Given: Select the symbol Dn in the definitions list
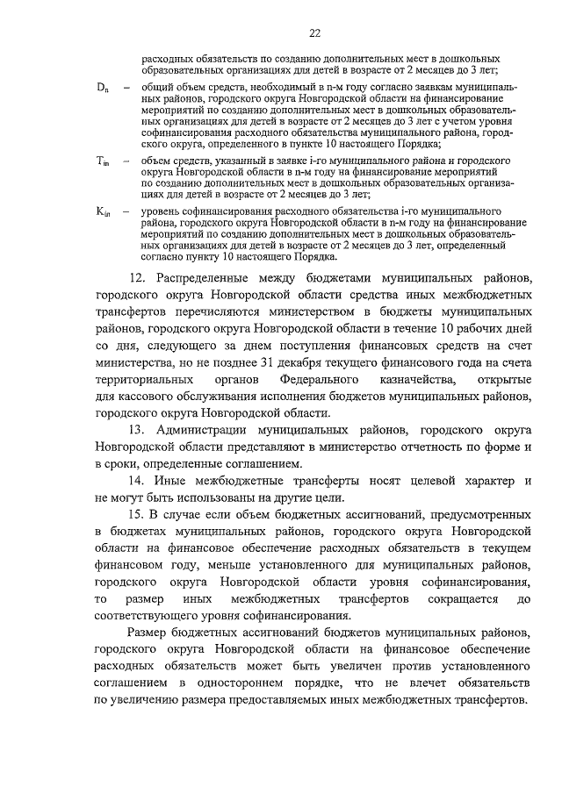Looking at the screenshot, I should pyautogui.click(x=102, y=89).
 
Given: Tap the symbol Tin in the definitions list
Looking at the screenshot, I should pyautogui.click(x=102, y=162).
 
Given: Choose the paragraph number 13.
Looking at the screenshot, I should pyautogui.click(x=137, y=430).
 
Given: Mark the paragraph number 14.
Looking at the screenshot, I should pyautogui.click(x=137, y=481).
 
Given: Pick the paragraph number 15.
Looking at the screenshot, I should pyautogui.click(x=137, y=514).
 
